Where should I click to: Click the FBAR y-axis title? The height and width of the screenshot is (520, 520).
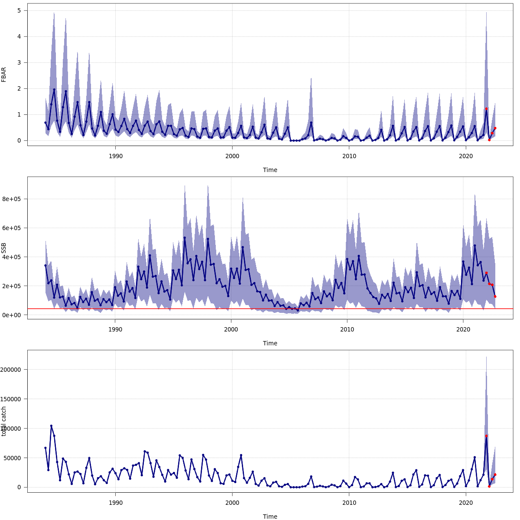pos(4,75)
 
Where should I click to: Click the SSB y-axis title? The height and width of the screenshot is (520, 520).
pos(4,248)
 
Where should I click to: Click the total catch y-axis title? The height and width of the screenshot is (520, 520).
pos(4,421)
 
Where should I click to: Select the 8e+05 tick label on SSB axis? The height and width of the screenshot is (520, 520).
pos(12,199)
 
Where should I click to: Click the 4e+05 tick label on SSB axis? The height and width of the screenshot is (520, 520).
pos(12,257)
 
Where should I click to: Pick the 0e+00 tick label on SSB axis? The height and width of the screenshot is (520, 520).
pos(12,315)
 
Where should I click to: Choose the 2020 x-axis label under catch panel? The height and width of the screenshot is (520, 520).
pos(466,503)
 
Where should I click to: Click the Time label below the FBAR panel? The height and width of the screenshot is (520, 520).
pos(270,170)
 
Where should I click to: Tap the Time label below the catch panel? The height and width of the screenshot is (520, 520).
pos(270,517)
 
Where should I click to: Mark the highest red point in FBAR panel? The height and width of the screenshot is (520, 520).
pos(486,109)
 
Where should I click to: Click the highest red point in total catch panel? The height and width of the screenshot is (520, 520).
pos(486,436)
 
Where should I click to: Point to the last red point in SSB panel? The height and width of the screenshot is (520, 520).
pos(495,297)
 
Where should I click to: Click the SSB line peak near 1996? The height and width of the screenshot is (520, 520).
pos(185,237)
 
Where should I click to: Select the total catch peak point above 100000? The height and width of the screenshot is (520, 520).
pos(51,426)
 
